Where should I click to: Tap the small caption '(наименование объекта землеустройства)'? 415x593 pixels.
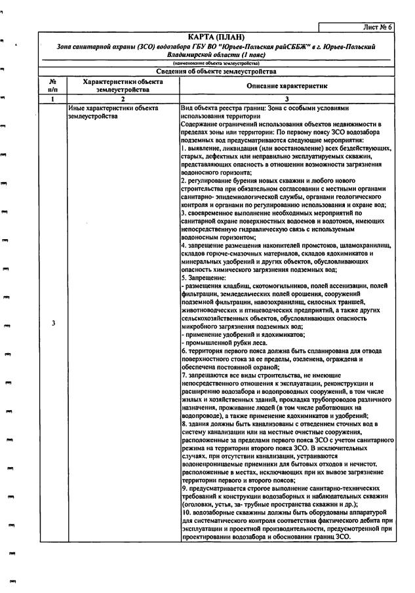[216, 63]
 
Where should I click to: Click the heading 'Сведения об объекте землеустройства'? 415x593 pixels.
[216, 71]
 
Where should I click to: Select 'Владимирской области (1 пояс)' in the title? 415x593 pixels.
[216, 56]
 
